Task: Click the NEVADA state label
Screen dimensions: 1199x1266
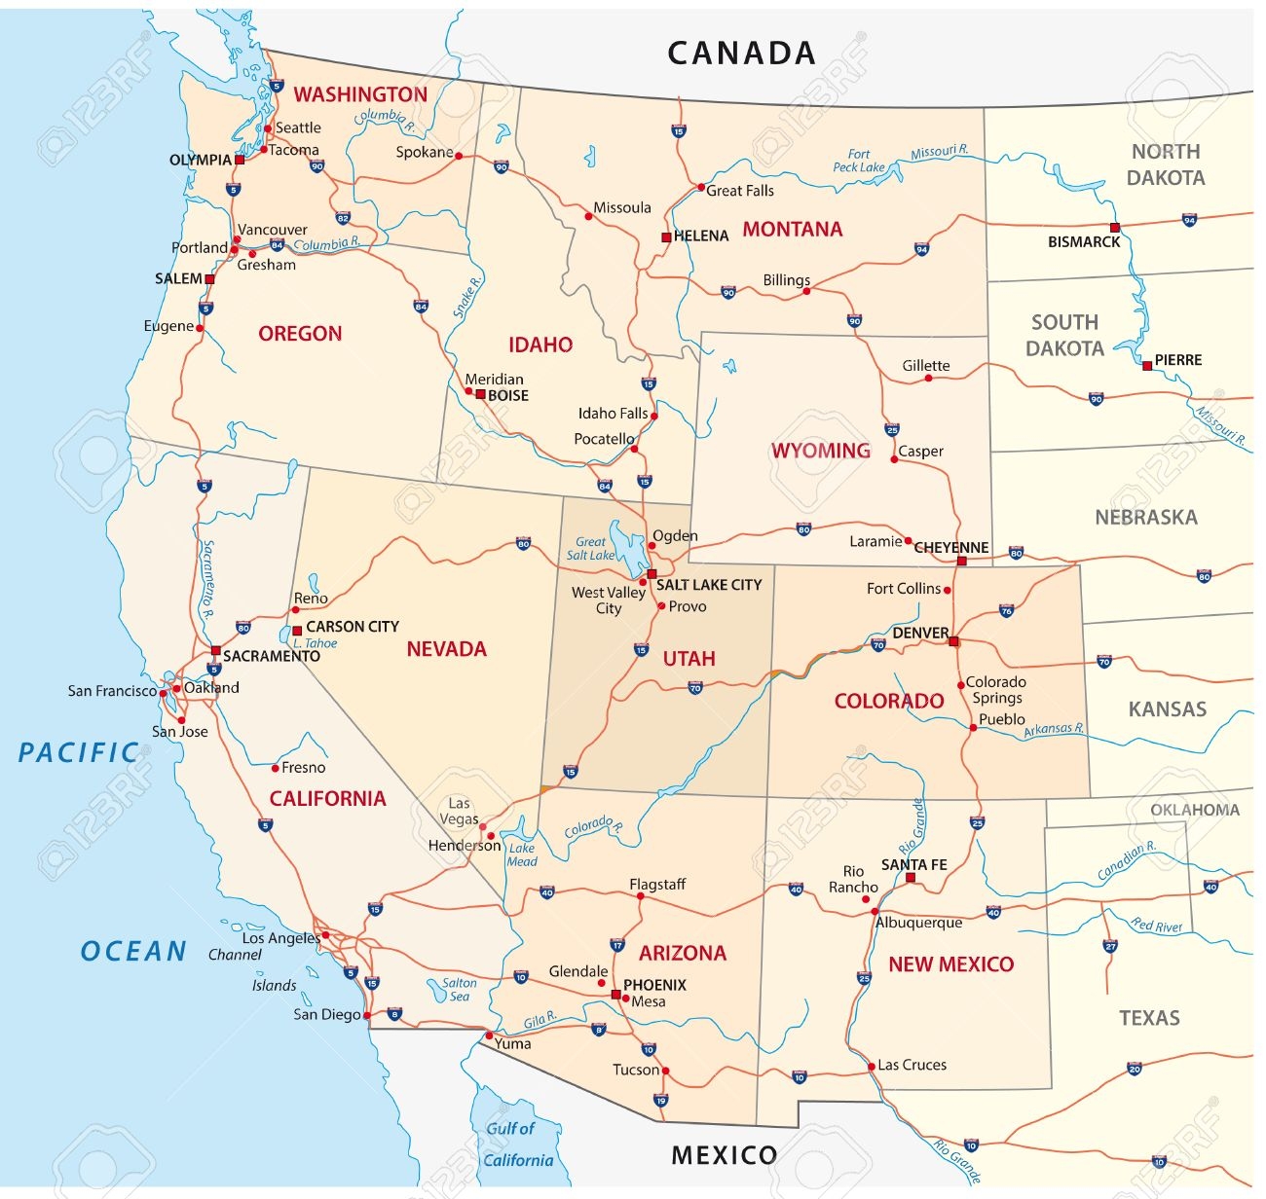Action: point(446,649)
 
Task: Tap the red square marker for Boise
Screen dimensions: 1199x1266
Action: point(480,394)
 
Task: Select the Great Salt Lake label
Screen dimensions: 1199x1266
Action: point(591,549)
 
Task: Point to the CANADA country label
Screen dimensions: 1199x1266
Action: point(741,53)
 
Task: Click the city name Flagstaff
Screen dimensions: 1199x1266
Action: point(657,884)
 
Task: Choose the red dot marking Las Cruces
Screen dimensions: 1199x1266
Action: point(872,1067)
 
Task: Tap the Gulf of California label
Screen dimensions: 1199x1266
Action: point(517,1144)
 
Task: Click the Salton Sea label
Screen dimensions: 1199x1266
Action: point(459,990)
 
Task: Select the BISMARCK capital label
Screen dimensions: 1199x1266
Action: point(1084,241)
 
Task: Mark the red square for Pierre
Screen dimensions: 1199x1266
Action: point(1147,366)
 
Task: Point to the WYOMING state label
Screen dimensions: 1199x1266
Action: point(821,451)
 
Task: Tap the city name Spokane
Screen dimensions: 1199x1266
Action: point(425,152)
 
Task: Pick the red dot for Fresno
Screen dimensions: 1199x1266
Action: point(275,768)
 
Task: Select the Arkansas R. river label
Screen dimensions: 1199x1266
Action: point(1054,730)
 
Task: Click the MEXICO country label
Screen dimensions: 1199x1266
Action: point(725,1155)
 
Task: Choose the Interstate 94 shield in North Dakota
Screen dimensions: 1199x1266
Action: point(1189,220)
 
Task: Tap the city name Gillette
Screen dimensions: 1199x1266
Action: point(925,366)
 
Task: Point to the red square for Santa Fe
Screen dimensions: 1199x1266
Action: point(911,878)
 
